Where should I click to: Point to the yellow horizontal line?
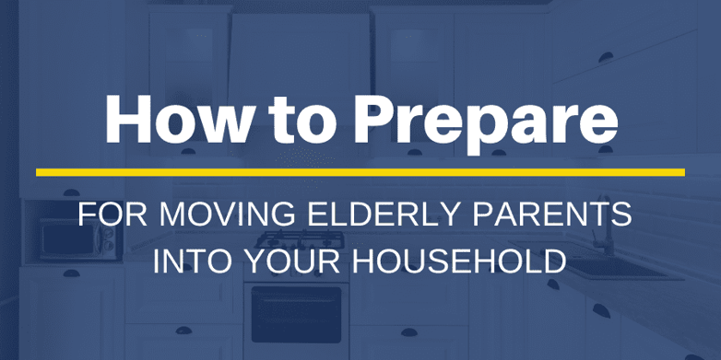click(360, 172)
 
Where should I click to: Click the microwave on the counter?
click(77, 241)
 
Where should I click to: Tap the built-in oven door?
click(296, 314)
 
